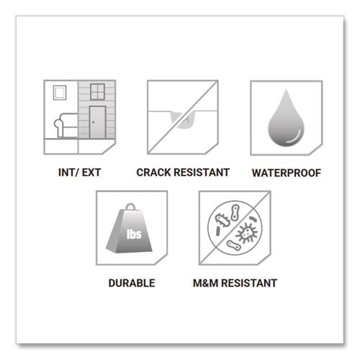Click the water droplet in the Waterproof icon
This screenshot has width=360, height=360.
point(286,120)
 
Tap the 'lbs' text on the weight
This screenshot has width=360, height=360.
point(134,234)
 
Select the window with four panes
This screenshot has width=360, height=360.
point(97,91)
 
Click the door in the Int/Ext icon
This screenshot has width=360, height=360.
point(97,122)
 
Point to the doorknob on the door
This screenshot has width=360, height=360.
point(93,122)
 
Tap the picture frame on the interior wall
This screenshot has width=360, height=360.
point(60,92)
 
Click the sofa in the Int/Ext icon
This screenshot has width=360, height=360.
point(66,125)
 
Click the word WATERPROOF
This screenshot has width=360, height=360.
point(287,173)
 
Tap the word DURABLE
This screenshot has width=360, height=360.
point(132,283)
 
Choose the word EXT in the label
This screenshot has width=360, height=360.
point(91,172)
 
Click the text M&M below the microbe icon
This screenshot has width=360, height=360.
point(205,283)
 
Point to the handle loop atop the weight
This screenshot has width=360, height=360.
point(130,206)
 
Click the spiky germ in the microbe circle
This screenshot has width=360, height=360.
point(246,233)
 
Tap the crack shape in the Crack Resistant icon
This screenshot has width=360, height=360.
point(184,120)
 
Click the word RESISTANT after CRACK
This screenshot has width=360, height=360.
point(202,172)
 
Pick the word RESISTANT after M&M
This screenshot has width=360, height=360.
point(249,283)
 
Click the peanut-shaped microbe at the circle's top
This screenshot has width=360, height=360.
point(235,212)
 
